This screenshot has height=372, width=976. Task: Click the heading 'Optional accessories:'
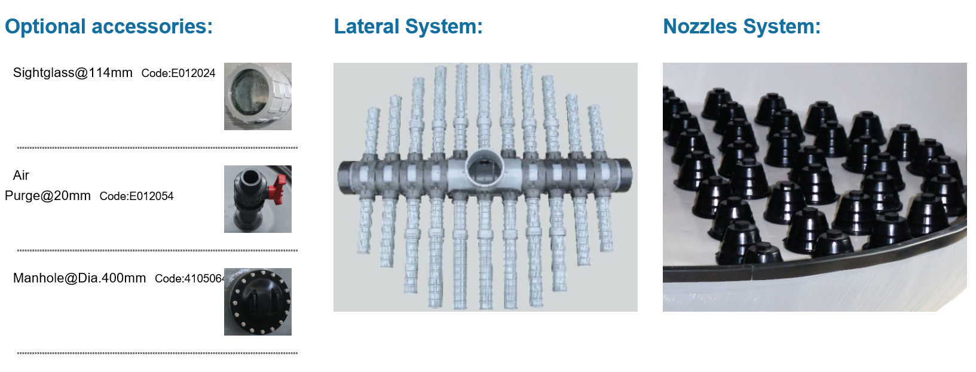pyautogui.click(x=109, y=26)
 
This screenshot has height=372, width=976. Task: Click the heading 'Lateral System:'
pyautogui.click(x=408, y=26)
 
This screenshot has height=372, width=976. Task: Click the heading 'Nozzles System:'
pyautogui.click(x=742, y=26)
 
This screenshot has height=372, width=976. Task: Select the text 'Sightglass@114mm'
pyautogui.click(x=73, y=73)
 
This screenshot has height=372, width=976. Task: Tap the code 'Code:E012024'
pyautogui.click(x=178, y=73)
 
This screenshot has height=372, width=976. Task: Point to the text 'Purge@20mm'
pyautogui.click(x=47, y=196)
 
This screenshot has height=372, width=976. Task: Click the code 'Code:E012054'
pyautogui.click(x=136, y=196)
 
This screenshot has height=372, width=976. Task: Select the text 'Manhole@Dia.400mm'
pyautogui.click(x=79, y=278)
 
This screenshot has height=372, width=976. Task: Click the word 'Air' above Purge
pyautogui.click(x=21, y=176)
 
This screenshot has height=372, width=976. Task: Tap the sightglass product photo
pyautogui.click(x=258, y=96)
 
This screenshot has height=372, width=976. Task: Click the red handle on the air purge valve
pyautogui.click(x=277, y=187)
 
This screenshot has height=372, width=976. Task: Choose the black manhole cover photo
pyautogui.click(x=258, y=302)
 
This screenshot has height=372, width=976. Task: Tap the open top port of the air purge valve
pyautogui.click(x=249, y=177)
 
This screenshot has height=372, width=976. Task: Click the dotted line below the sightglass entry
pyautogui.click(x=157, y=148)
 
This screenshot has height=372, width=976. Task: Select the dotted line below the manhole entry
pyautogui.click(x=157, y=353)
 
